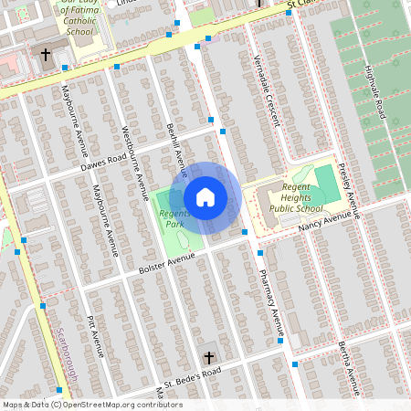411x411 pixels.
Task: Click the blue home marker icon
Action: [x=205, y=196]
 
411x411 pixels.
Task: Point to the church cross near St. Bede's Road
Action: [x=208, y=357]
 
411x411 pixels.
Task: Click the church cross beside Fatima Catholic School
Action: [x=45, y=55]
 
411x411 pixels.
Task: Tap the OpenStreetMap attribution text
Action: [x=91, y=405]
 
